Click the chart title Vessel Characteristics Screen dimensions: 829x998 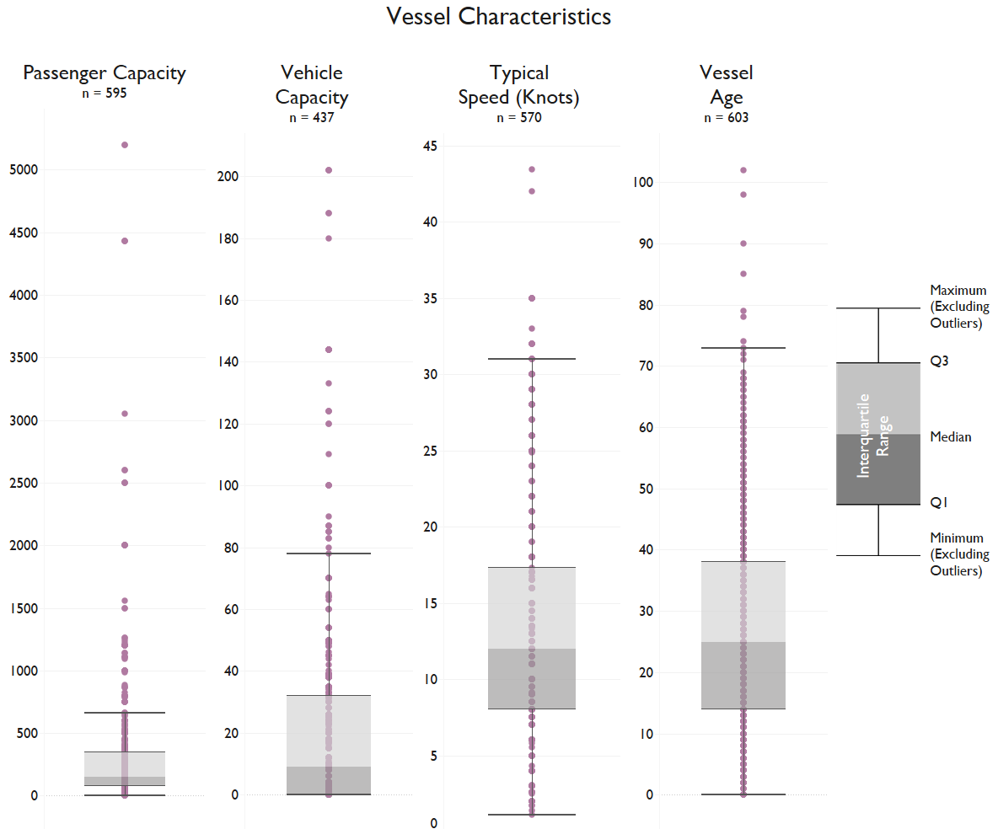point(498,16)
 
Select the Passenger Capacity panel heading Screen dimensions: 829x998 point(105,72)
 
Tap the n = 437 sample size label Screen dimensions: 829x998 point(312,118)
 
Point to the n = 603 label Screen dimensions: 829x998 point(726,118)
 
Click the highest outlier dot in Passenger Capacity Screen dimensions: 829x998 point(125,145)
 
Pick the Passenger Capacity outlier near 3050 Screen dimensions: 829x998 point(125,414)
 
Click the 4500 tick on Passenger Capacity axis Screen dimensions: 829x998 point(24,233)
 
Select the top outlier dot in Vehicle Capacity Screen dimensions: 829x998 point(329,170)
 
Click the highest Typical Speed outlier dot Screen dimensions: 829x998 point(532,169)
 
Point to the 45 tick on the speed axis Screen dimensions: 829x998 point(431,147)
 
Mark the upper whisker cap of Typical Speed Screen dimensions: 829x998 point(532,359)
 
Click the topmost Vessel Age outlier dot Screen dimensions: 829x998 point(743,170)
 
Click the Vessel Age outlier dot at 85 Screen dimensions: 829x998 point(743,274)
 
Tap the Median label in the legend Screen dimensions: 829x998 point(950,437)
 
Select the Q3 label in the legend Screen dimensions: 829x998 point(938,361)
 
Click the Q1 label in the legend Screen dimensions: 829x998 point(938,503)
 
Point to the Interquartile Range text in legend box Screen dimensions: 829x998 point(872,435)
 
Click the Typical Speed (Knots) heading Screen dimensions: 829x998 point(519,85)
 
